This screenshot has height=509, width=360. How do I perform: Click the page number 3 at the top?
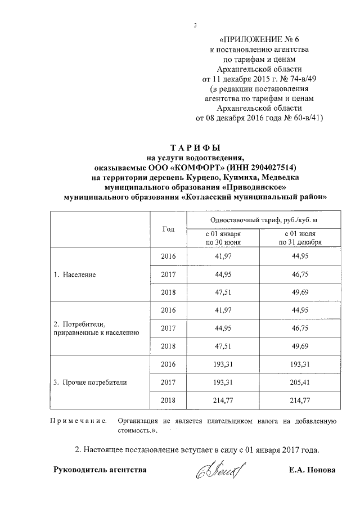point(194,25)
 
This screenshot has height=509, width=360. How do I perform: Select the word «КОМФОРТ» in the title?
point(193,168)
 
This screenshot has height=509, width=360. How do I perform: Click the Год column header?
point(168,229)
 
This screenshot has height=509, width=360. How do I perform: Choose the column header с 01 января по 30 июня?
point(223,238)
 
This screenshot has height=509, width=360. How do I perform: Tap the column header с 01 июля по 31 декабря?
point(300,238)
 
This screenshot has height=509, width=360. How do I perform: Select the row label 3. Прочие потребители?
point(89,382)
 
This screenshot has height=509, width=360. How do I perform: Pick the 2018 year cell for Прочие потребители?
point(168,400)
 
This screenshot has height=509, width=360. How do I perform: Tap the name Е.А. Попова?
point(312,470)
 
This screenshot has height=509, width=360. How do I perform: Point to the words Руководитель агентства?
point(100,470)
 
